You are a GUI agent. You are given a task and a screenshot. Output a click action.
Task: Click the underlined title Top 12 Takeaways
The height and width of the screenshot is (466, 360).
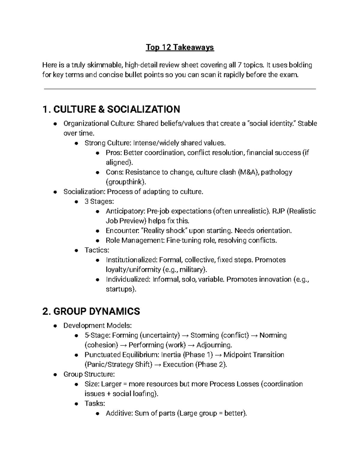(180, 47)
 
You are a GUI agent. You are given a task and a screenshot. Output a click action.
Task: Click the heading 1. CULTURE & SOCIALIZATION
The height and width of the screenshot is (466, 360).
(111, 109)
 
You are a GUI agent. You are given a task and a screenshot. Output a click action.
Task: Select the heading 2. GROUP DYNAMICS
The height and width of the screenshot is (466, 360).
(91, 311)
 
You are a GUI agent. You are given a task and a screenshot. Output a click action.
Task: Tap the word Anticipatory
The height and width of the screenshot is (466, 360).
(125, 211)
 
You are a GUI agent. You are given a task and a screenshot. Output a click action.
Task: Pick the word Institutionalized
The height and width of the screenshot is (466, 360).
(131, 260)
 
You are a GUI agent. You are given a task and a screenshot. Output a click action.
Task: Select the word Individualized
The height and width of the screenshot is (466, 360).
(127, 279)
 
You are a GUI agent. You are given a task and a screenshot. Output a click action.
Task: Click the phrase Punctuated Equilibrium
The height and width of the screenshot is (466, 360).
(121, 355)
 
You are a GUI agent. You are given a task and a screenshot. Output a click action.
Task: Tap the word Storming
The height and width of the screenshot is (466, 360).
(205, 335)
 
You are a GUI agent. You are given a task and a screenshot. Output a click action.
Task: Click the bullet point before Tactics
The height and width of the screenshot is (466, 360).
(77, 250)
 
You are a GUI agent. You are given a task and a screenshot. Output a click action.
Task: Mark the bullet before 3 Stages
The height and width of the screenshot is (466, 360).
(77, 202)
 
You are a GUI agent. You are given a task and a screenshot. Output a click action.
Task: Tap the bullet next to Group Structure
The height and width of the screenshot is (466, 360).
(55, 374)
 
